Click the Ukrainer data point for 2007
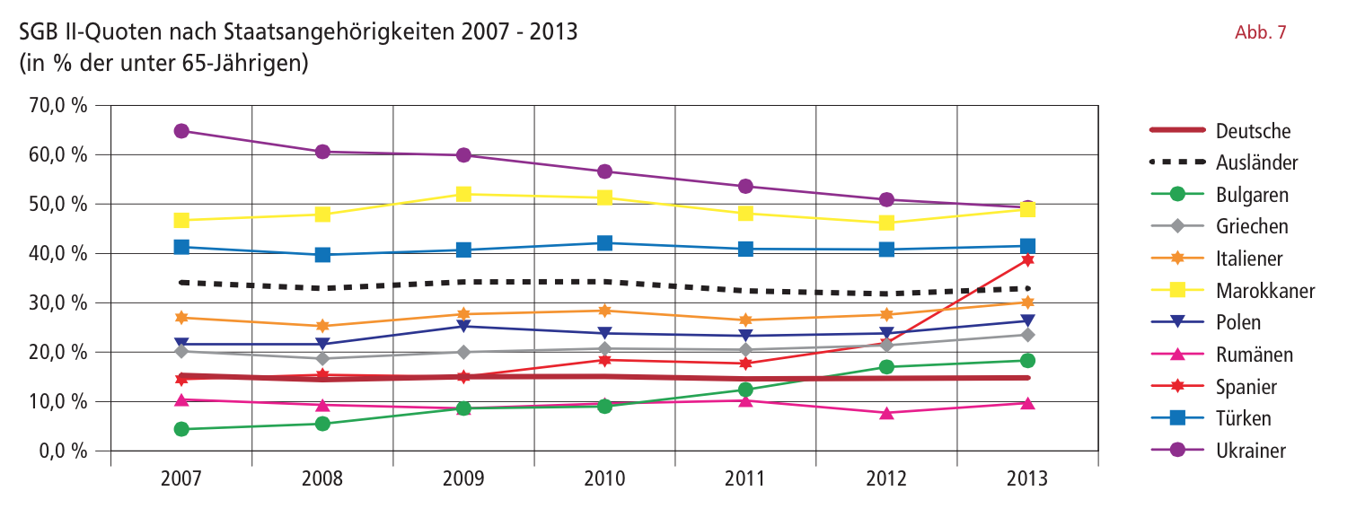tap(181, 131)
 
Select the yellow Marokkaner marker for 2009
tap(463, 194)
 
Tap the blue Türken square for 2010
tap(604, 243)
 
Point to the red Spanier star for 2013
tap(1027, 260)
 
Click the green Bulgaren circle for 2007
tap(181, 429)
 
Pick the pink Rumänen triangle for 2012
tap(886, 413)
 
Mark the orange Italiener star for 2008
tap(322, 327)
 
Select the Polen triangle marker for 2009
tap(463, 327)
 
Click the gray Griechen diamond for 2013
tap(1027, 335)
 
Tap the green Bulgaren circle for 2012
tap(886, 367)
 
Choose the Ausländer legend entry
tap(1224, 162)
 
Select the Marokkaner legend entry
tap(1233, 291)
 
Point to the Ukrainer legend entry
tap(1218, 451)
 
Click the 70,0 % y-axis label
tap(57, 105)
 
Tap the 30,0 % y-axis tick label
tap(57, 302)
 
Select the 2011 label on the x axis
tap(745, 478)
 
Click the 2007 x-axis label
tap(181, 478)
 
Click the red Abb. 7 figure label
tap(1260, 32)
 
